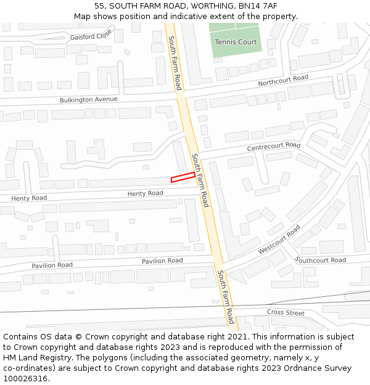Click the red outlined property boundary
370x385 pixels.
tap(183, 177)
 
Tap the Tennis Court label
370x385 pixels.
tap(236, 42)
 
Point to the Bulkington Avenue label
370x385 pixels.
tap(88, 99)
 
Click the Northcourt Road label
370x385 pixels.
tap(283, 81)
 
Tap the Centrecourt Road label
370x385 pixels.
tap(273, 147)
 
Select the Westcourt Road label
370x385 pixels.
tap(279, 240)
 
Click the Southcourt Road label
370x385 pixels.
tap(321, 260)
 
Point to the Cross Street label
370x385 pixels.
tap(286, 313)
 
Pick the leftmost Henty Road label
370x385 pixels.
tap(29, 198)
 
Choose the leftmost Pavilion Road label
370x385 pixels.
tap(52, 265)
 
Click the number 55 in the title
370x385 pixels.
tap(99, 6)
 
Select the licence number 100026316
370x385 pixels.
tap(24, 379)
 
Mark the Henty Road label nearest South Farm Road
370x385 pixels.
tap(145, 193)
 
